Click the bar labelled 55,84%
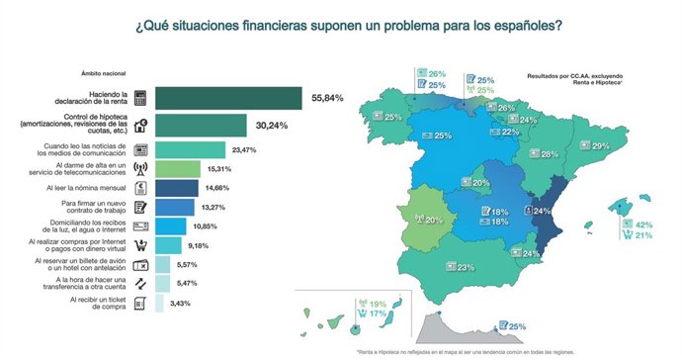tap(227, 98)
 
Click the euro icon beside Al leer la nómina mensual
tap(141, 188)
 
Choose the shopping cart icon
tap(141, 245)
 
